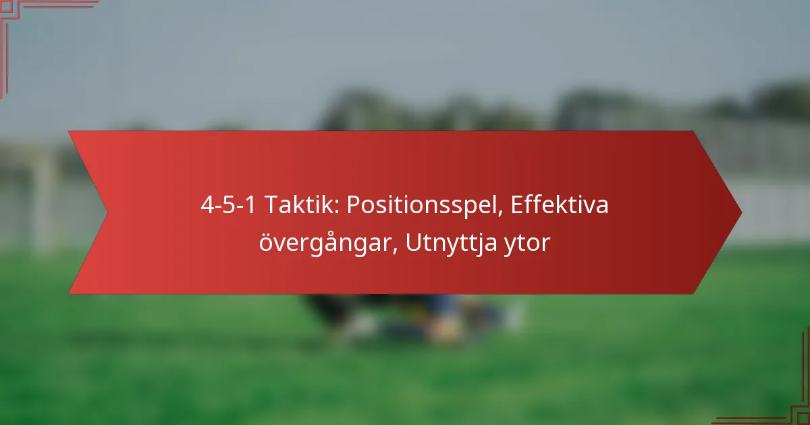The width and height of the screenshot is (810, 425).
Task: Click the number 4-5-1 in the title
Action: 228,205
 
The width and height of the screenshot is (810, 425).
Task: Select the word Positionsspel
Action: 421,206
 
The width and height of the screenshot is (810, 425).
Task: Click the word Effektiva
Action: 560,204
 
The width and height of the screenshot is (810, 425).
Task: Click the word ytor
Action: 527,244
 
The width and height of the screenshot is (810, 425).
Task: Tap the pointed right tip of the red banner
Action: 742,213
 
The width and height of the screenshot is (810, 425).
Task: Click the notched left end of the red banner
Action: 107,213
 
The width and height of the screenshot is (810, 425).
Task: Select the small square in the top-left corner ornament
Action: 6,6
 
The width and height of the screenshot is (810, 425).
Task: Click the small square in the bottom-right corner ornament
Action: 804,419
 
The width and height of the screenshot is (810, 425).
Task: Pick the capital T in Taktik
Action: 272,205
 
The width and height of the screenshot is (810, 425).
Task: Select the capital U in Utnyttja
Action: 414,242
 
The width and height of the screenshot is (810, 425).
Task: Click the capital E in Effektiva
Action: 517,205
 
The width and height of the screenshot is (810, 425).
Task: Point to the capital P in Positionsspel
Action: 354,205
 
